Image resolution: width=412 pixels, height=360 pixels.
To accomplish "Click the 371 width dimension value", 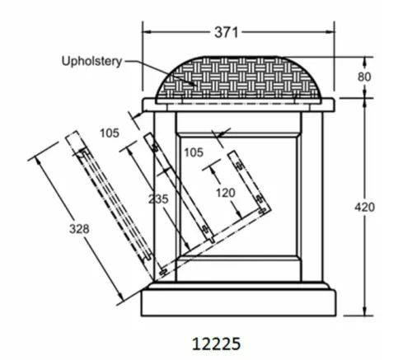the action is (x=226, y=32).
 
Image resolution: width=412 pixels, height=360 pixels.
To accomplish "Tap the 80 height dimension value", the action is (x=364, y=77).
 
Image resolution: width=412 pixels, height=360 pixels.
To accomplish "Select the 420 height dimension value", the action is (x=364, y=207).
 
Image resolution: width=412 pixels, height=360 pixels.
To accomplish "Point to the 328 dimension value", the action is (x=79, y=229).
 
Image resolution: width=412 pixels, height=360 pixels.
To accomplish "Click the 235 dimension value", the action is (x=158, y=199).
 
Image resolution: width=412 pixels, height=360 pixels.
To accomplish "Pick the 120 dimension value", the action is (x=226, y=193).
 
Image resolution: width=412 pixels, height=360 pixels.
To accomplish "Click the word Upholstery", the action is (x=91, y=62).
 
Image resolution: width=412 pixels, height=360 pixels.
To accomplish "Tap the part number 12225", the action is (x=216, y=344).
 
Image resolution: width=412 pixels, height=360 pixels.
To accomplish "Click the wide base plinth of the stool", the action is (x=238, y=303).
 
